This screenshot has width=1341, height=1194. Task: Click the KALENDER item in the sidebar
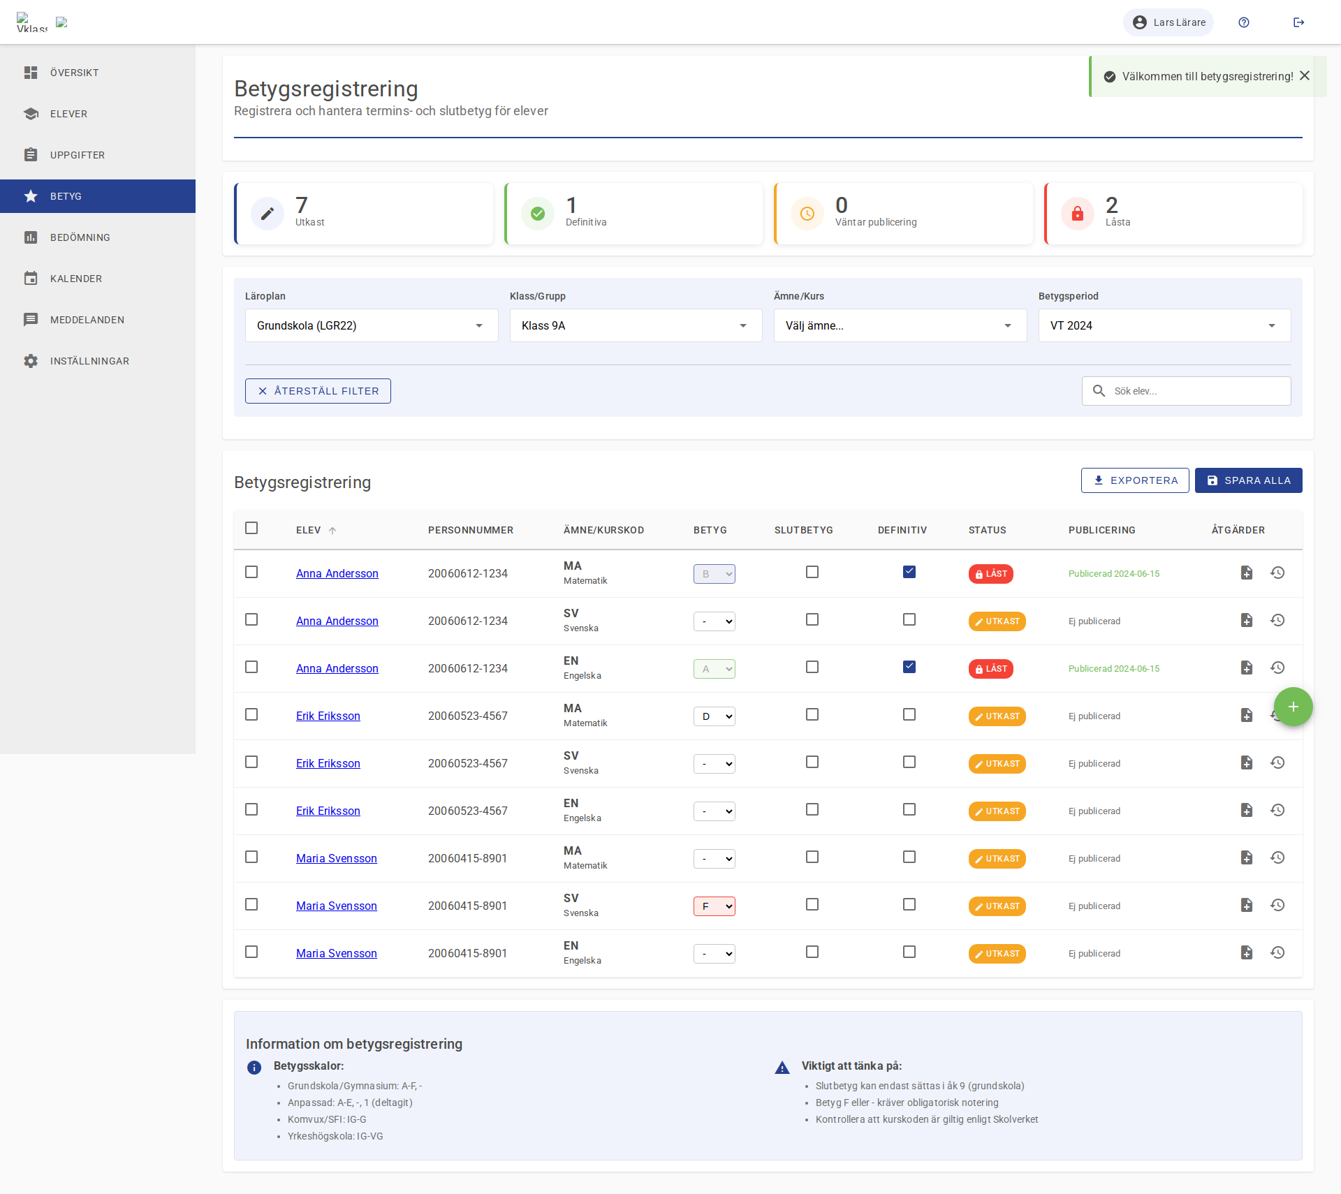(x=75, y=279)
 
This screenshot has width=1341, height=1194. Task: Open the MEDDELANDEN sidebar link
(x=87, y=320)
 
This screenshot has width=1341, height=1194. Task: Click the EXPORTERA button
(x=1135, y=480)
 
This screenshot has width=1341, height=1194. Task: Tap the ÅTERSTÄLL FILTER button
(x=318, y=391)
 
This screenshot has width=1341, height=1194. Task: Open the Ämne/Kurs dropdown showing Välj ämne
(x=900, y=325)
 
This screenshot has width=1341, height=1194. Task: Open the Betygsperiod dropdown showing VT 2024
(x=1164, y=325)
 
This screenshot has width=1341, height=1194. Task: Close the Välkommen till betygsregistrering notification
(x=1305, y=76)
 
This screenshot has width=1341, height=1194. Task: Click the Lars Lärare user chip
(x=1168, y=22)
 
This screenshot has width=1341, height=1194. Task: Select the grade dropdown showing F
(x=714, y=906)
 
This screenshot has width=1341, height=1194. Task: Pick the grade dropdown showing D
(x=714, y=716)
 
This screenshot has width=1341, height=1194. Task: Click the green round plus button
(x=1293, y=707)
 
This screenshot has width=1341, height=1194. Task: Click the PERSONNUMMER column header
(x=470, y=530)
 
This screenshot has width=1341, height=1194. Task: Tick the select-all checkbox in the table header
(x=251, y=528)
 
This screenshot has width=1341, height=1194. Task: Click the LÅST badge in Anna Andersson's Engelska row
(x=990, y=669)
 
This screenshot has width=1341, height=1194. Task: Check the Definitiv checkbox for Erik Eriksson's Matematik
(x=909, y=715)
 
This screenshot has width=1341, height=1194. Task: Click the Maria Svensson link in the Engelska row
(x=336, y=954)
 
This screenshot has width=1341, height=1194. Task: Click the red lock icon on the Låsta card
(x=1077, y=214)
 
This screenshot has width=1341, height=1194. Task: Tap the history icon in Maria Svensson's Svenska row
(x=1277, y=905)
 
